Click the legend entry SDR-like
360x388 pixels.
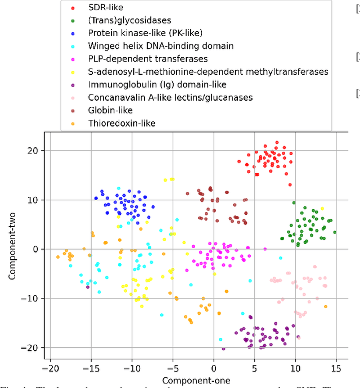[107, 8]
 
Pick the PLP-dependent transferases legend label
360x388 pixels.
[148, 58]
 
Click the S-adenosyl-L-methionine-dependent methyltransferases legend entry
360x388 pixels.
[208, 71]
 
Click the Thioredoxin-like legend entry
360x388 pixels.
[122, 123]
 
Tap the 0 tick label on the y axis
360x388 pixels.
[37, 249]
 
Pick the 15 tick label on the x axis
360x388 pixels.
[336, 368]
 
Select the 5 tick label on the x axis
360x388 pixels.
[254, 368]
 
